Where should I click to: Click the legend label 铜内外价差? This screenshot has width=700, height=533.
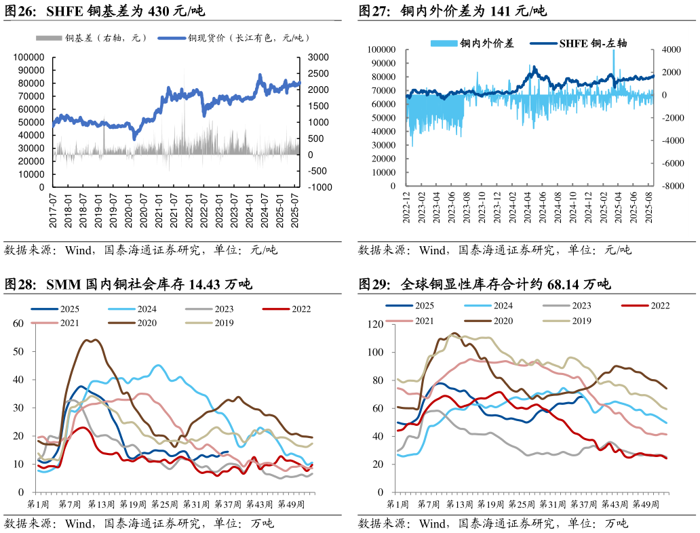[x=487, y=43]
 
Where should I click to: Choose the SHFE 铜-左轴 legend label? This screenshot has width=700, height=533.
[x=593, y=43]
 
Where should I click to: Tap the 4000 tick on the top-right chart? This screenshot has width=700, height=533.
[x=669, y=50]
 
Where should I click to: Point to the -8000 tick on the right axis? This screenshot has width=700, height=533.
[x=669, y=186]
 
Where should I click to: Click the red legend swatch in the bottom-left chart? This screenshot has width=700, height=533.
[x=276, y=309]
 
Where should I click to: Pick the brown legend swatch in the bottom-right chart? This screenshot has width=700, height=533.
[x=478, y=321]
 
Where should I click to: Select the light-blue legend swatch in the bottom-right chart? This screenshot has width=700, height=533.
[x=478, y=306]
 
